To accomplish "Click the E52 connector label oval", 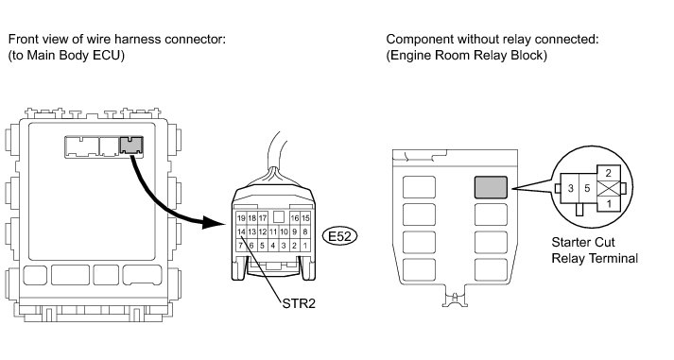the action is pos(339,236).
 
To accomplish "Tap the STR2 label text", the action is pos(299,303).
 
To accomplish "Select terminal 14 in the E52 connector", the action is pos(241,232).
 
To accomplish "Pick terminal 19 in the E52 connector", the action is pos(241,218).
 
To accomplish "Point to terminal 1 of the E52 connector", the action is pos(304,246).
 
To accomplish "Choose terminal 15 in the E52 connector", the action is pos(304,218).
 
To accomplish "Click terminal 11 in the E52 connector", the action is pos(273,232).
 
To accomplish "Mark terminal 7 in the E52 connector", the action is pos(241,246).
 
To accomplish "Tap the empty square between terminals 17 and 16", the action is pos(279,216).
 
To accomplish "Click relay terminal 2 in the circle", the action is pos(608,173).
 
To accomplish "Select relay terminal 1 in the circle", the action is pos(608,204).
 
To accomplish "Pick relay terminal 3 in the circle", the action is pos(570,188).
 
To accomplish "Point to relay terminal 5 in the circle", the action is pos(588,188).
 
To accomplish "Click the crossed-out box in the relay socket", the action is pos(608,189).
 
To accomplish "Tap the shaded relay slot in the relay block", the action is pos(491,187).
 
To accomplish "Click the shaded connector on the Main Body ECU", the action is pos(131,146).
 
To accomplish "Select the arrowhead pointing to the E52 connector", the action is pos(214,223).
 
